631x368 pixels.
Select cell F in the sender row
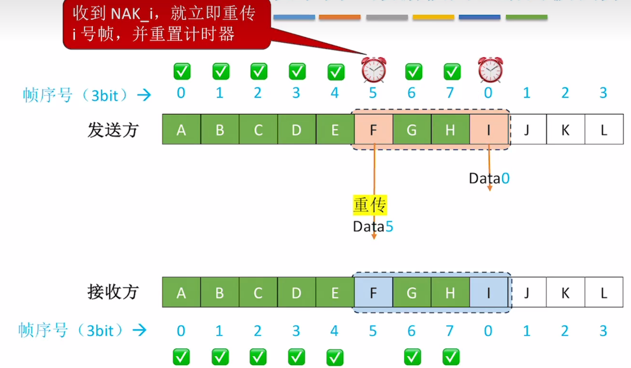(373, 129)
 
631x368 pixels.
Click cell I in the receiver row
(488, 292)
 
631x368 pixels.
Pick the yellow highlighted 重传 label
(370, 205)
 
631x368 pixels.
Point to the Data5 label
(373, 227)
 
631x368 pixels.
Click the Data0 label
(489, 179)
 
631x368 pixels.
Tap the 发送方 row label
(113, 130)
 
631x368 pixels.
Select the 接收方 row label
(113, 292)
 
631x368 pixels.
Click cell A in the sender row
(181, 129)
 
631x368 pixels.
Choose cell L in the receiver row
(604, 292)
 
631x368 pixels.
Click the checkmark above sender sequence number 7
(452, 72)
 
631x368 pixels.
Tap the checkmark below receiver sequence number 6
(412, 357)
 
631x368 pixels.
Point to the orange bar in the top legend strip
(340, 17)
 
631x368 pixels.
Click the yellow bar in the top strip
(433, 17)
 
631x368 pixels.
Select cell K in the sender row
(565, 129)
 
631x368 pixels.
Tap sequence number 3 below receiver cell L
(603, 331)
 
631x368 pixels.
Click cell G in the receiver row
(412, 292)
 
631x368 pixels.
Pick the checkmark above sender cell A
(182, 71)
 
